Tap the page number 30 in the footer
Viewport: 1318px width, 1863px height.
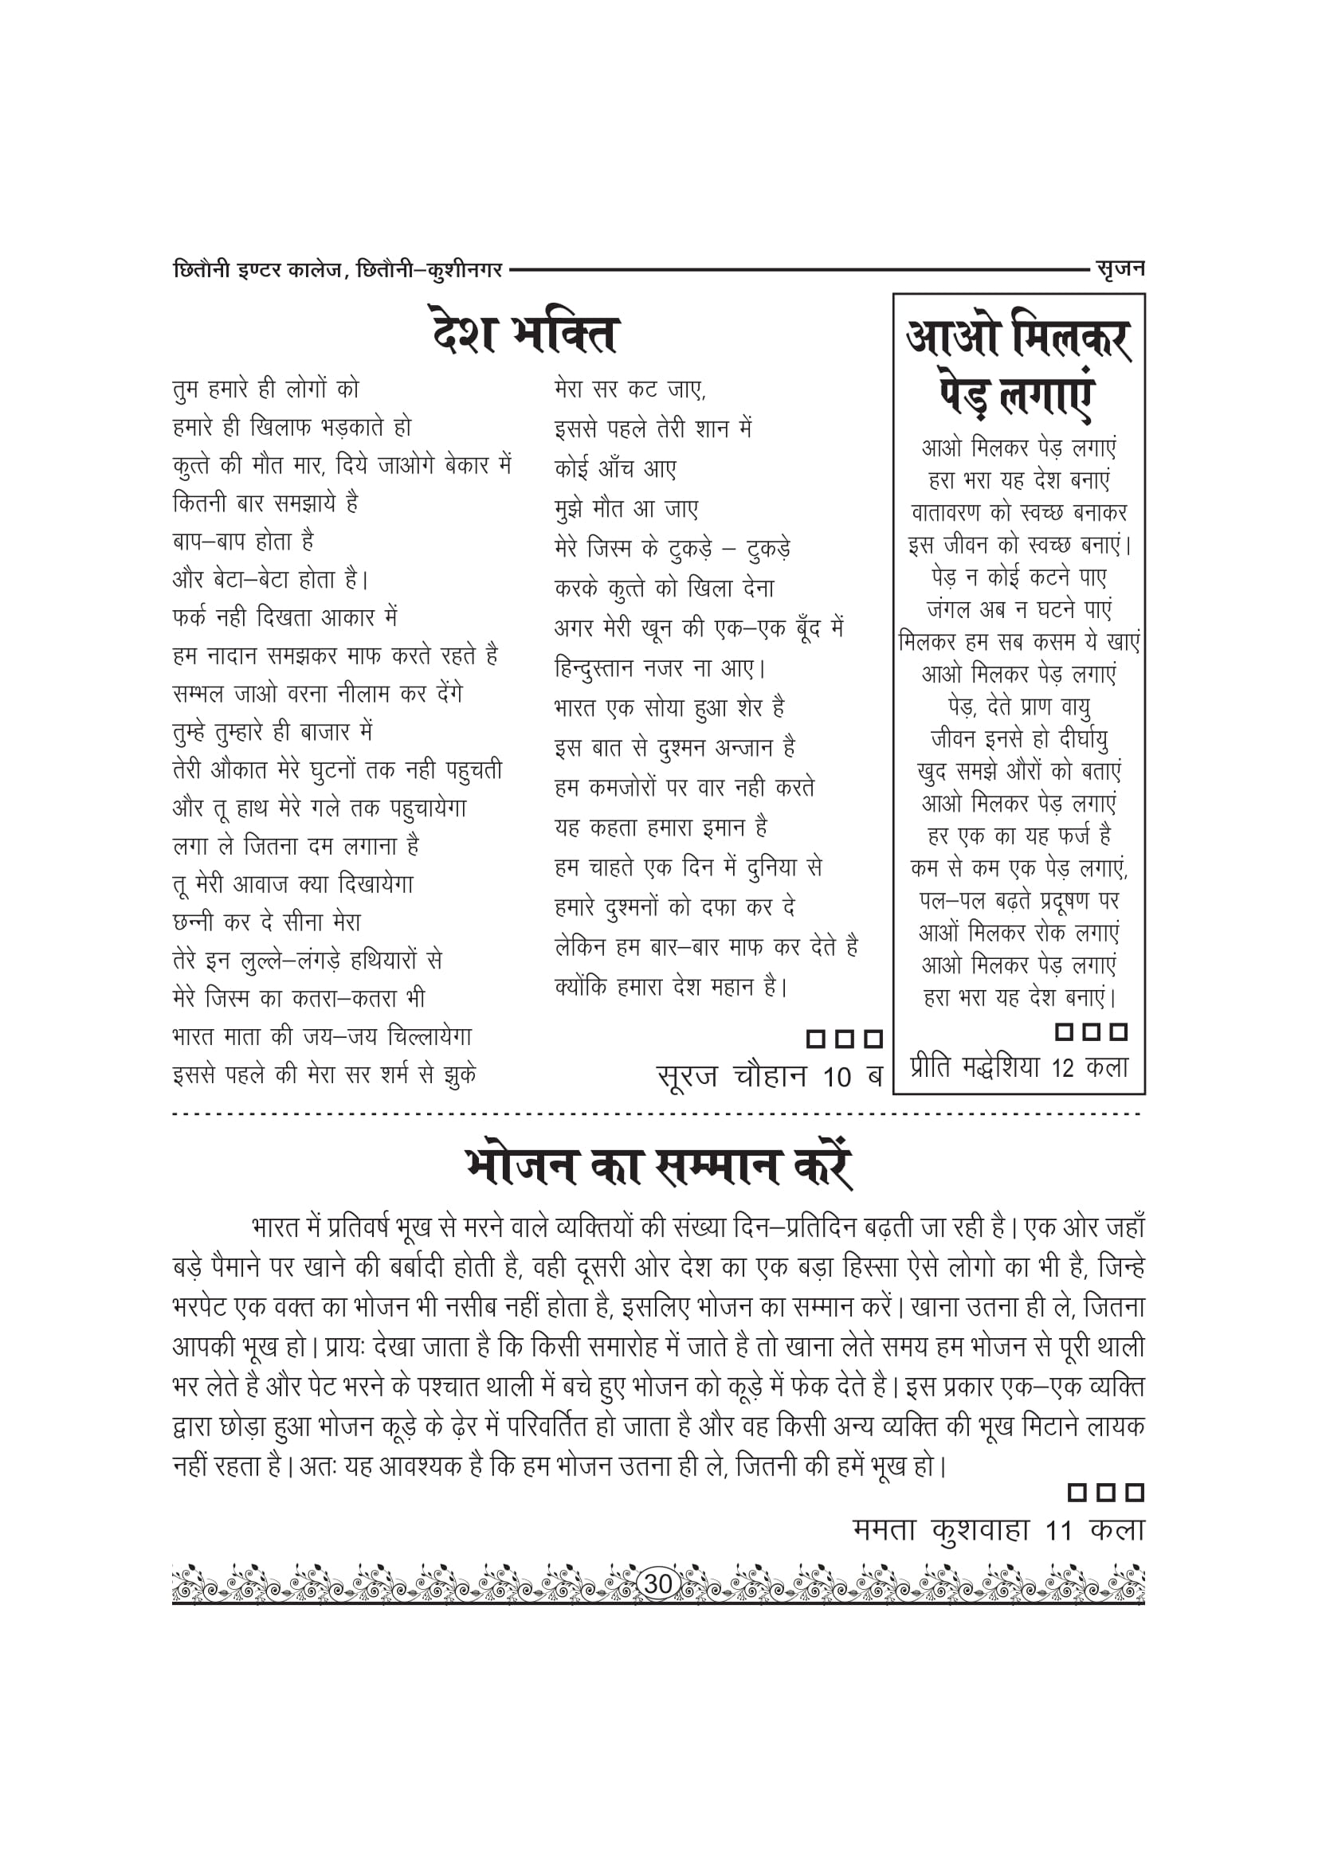pos(657,1583)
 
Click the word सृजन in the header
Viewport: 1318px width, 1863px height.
pos(1119,268)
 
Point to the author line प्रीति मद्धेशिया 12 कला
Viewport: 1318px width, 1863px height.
pos(1018,1068)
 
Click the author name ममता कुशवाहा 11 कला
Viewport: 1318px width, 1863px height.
pos(998,1530)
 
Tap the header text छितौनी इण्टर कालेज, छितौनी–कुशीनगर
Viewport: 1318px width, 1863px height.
pos(338,269)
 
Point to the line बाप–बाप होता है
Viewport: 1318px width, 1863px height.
pos(244,541)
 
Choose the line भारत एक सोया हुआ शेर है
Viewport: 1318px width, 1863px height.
pos(669,708)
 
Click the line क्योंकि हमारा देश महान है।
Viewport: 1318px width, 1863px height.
pos(671,987)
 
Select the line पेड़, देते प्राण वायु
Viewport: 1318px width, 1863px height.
pos(1018,706)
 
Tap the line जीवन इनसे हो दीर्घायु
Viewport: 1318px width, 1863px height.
pos(1018,739)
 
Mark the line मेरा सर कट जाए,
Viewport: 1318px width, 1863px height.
pos(630,389)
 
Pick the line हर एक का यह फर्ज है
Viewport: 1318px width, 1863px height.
pos(1018,836)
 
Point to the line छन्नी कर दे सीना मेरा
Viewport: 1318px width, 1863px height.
pos(267,922)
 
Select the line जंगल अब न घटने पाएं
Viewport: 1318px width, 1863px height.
pos(1018,609)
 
